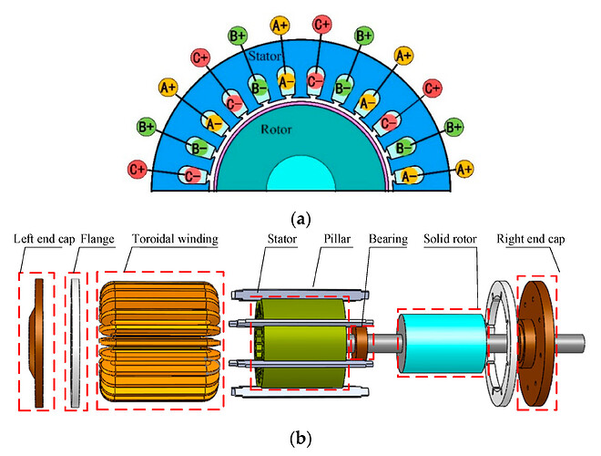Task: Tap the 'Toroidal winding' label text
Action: point(167,241)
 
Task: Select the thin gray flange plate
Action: point(76,337)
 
